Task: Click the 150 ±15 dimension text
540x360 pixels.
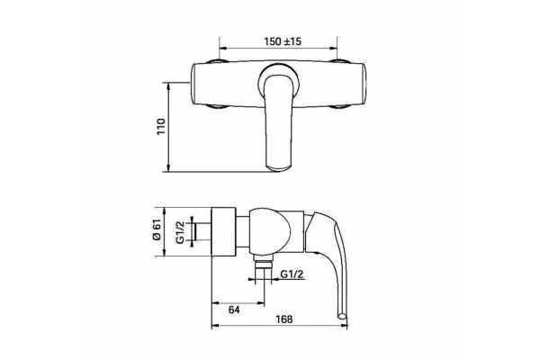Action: [x=283, y=41]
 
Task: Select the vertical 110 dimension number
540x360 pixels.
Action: [x=161, y=126]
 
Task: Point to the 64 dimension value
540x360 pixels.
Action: [x=234, y=310]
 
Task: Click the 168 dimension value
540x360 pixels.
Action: [x=284, y=319]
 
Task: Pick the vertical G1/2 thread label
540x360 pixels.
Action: [x=181, y=232]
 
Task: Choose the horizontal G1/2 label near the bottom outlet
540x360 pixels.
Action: [x=292, y=274]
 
